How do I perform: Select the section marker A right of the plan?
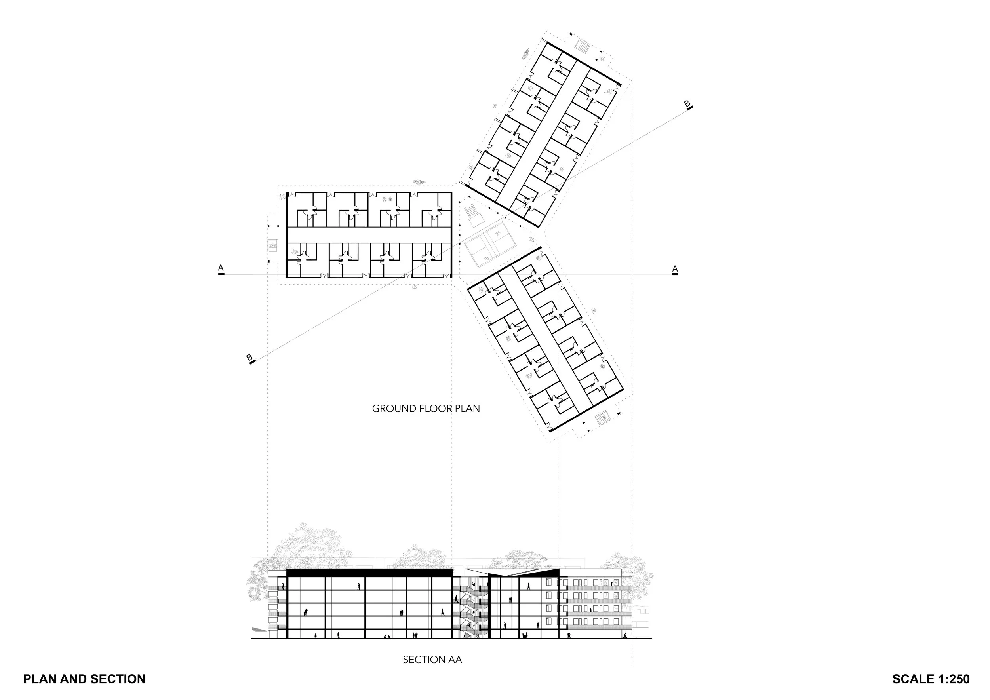click(675, 270)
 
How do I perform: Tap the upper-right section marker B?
click(688, 105)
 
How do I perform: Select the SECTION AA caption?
click(432, 660)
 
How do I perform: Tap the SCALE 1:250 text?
click(931, 679)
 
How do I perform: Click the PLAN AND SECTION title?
click(84, 679)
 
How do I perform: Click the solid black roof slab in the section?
click(369, 573)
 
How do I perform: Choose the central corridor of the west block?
click(369, 234)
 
